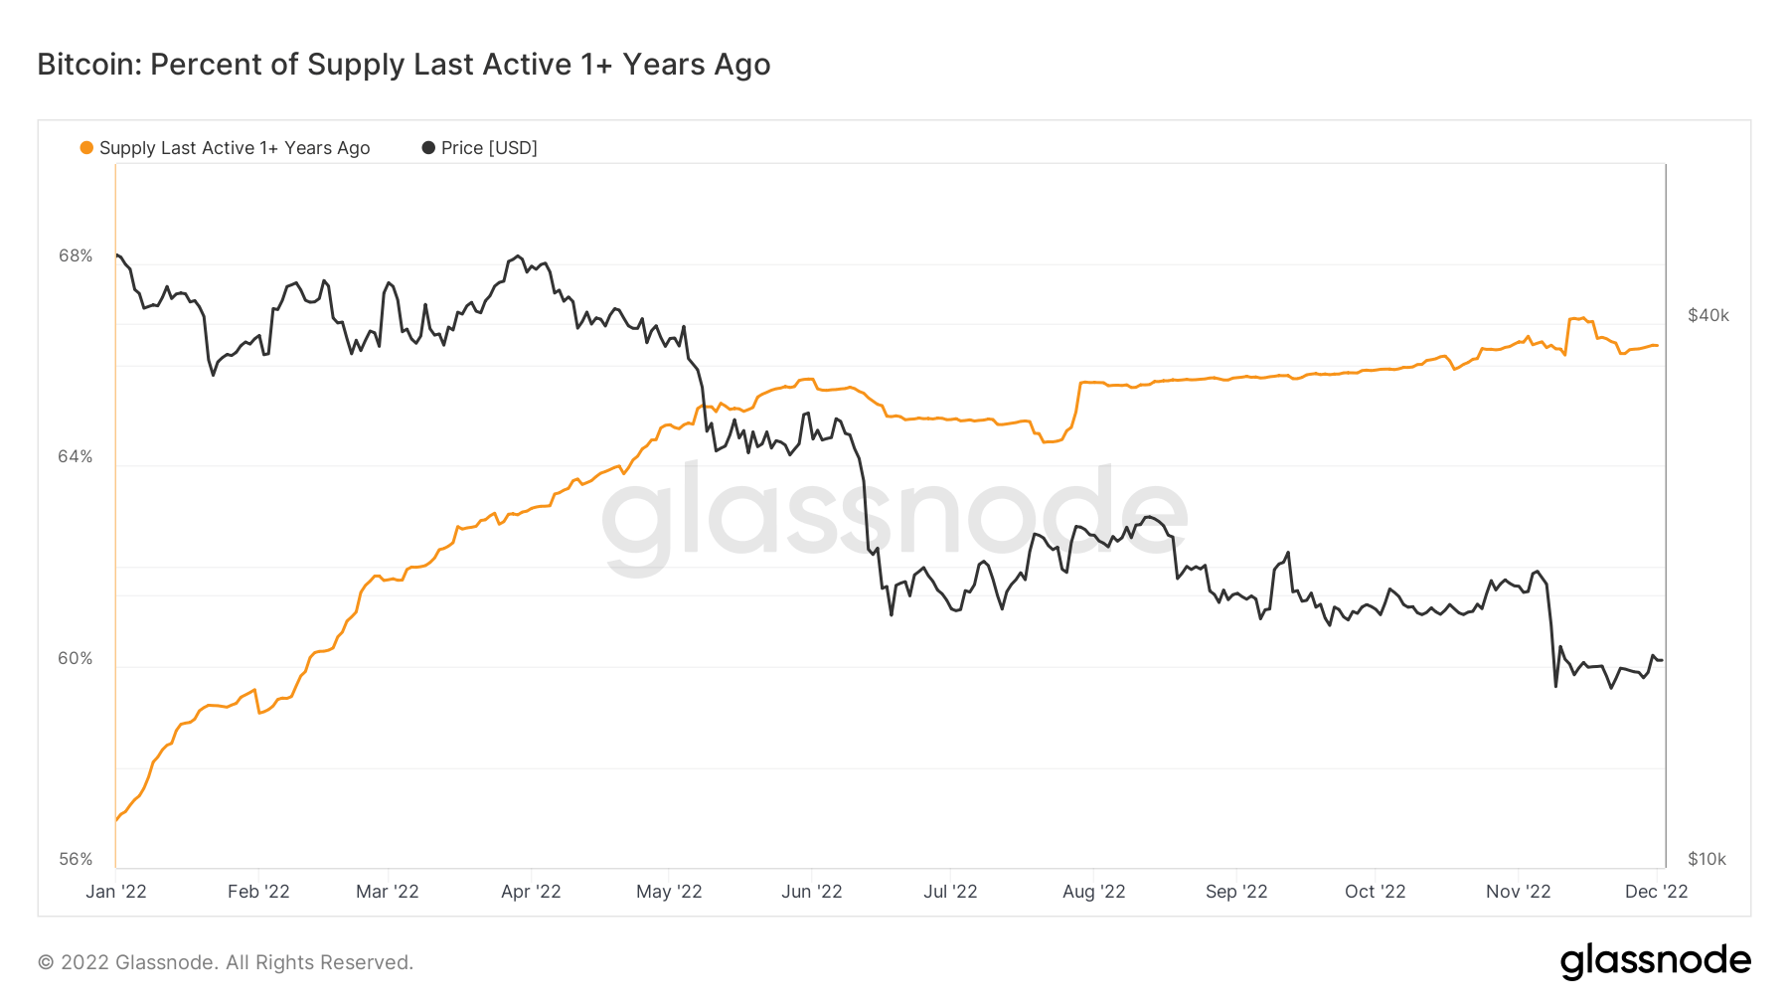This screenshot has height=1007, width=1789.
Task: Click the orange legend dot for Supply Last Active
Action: (86, 148)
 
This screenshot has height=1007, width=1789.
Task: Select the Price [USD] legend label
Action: (488, 148)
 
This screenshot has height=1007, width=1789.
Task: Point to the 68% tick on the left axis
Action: (76, 256)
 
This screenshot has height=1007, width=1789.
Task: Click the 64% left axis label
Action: (76, 457)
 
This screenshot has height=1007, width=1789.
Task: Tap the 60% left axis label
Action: (76, 659)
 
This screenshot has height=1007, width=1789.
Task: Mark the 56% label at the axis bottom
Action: (76, 859)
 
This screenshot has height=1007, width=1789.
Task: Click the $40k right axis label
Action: (1708, 316)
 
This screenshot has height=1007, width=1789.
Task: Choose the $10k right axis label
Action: (1707, 859)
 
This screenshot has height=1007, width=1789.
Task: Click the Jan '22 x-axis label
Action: (116, 892)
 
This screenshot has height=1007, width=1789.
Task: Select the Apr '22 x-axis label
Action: (531, 892)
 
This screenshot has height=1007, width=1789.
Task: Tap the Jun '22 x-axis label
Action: (811, 892)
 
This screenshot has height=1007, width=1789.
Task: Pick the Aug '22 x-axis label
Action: (1093, 892)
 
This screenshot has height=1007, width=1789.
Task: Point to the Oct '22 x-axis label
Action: (1375, 892)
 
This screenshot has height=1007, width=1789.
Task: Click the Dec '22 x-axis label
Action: (1656, 892)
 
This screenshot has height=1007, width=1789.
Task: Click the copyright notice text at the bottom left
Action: (226, 962)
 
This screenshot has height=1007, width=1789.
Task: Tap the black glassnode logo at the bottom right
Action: (1655, 961)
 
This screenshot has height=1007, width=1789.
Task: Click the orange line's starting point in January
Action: (117, 820)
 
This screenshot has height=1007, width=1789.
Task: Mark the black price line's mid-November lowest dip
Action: (1555, 686)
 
